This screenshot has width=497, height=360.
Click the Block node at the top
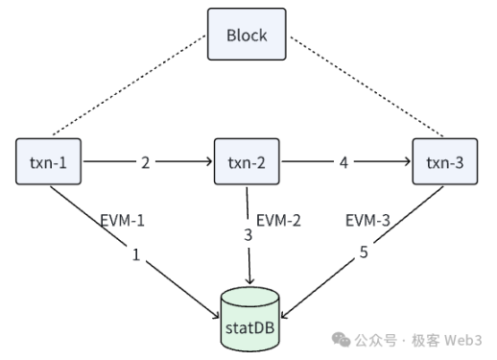tap(247, 36)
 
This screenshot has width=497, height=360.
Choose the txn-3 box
tap(443, 163)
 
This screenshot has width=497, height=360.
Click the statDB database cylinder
tap(248, 317)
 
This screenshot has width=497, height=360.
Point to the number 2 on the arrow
tap(145, 163)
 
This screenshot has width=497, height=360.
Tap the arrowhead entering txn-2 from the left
tap(208, 163)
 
